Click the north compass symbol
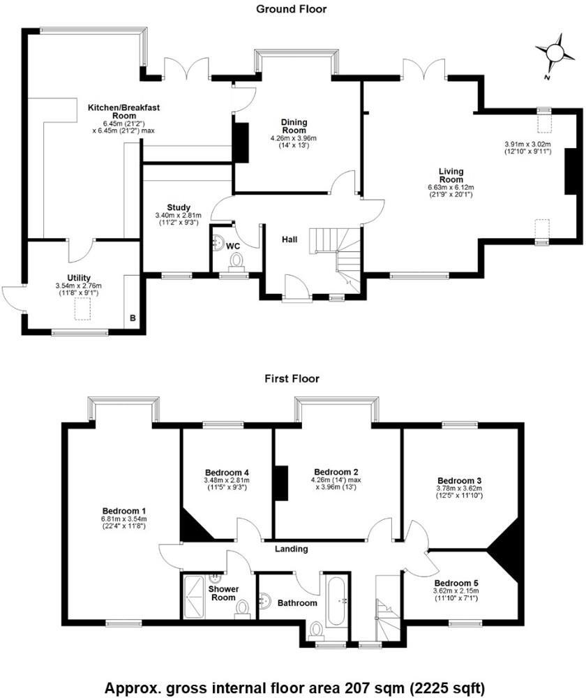click(555, 52)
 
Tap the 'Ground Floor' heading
click(291, 9)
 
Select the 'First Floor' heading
click(292, 379)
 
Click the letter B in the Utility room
click(133, 320)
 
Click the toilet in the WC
click(236, 261)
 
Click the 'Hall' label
click(290, 239)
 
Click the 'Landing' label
click(291, 549)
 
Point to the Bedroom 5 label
click(457, 584)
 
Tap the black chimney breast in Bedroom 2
click(280, 483)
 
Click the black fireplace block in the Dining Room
click(240, 142)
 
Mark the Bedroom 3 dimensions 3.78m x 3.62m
click(459, 489)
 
